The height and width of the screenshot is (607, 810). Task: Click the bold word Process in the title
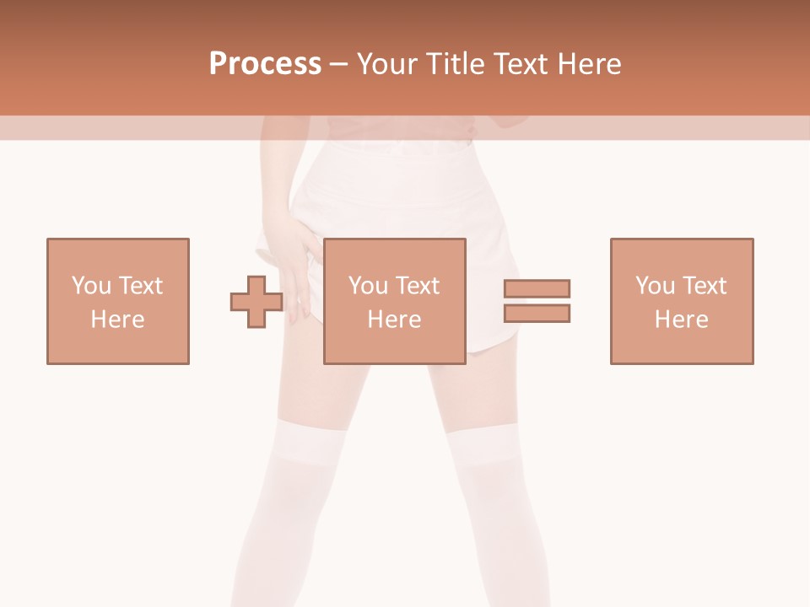pyautogui.click(x=265, y=64)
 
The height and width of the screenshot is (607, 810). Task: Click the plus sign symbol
pyautogui.click(x=256, y=301)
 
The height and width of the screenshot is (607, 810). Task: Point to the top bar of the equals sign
pyautogui.click(x=537, y=288)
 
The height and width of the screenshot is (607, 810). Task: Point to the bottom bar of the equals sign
pyautogui.click(x=537, y=313)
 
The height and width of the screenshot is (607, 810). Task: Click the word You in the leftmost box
pyautogui.click(x=90, y=286)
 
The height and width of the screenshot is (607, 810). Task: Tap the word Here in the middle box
pyautogui.click(x=395, y=320)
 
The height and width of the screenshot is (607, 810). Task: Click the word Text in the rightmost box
pyautogui.click(x=704, y=286)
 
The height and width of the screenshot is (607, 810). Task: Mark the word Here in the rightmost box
pyautogui.click(x=682, y=320)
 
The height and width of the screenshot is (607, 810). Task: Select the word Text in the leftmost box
pyautogui.click(x=140, y=286)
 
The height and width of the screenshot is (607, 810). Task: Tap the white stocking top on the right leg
pyautogui.click(x=484, y=447)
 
